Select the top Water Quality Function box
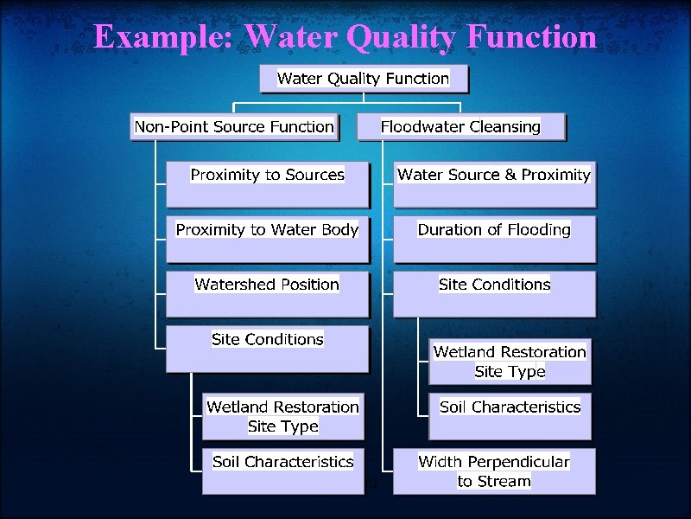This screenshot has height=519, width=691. coord(363,79)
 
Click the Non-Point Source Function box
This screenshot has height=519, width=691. coord(233,127)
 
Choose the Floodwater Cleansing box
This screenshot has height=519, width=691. coord(460,127)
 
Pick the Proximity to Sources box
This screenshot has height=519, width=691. coord(267,183)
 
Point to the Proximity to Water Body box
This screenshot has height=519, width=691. coord(267,239)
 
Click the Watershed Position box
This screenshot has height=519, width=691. coord(267,293)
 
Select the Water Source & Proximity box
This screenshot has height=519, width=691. coord(494,183)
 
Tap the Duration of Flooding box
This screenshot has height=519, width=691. coord(494,239)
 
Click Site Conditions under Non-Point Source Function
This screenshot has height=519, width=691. coord(267,348)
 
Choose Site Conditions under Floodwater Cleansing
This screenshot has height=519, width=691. coord(494,293)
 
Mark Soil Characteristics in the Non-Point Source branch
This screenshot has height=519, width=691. coord(283,470)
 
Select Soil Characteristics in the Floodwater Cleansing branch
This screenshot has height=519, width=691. coord(510,415)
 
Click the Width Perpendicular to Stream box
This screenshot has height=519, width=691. coord(494,471)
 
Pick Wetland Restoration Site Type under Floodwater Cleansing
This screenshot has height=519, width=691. coord(510,362)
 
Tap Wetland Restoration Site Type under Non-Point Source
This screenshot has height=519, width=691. coord(283,416)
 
